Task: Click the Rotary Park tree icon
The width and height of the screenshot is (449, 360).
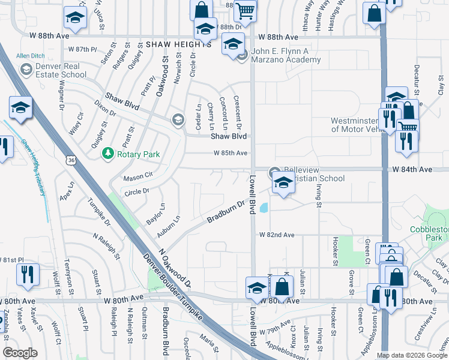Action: [x=108, y=154]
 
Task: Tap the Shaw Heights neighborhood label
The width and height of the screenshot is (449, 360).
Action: [x=178, y=44]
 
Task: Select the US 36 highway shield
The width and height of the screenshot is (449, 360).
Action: [x=71, y=161]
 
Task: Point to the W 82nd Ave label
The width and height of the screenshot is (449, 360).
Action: [x=277, y=235]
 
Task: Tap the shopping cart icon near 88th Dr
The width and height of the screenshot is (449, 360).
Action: [x=245, y=10]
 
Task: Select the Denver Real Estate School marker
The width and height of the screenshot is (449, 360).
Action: [x=26, y=70]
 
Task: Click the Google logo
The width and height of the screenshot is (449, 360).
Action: [x=20, y=353]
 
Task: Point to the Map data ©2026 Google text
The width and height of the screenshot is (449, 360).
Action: [x=411, y=355]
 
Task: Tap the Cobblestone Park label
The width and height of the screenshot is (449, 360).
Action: [x=429, y=233]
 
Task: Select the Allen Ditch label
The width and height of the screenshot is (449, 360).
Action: [x=31, y=56]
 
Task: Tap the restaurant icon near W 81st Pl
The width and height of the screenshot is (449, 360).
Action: [x=28, y=274]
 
